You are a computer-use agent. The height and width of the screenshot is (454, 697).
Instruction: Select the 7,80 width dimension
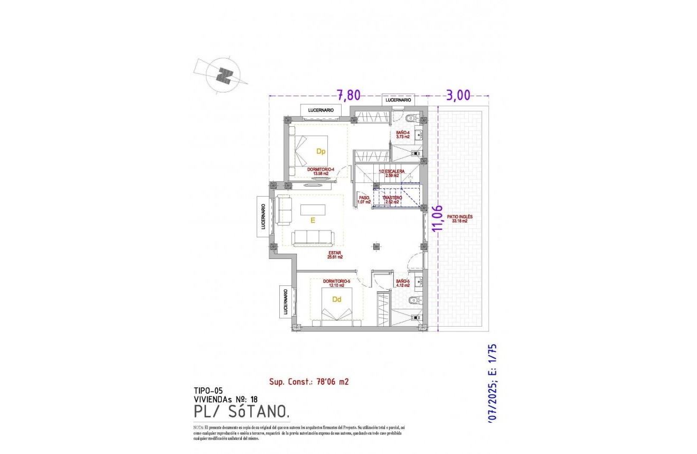click(x=348, y=95)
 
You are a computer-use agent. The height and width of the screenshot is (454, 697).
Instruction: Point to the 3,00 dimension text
click(x=458, y=95)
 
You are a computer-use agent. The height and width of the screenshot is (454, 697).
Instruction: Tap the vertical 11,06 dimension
click(x=437, y=218)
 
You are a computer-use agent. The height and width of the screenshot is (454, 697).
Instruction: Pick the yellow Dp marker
click(x=321, y=151)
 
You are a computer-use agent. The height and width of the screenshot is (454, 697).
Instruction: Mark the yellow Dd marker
click(x=336, y=299)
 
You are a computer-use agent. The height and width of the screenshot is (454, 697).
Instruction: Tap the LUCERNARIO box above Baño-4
click(x=398, y=100)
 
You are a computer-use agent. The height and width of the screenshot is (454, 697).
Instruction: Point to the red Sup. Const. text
click(x=309, y=381)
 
